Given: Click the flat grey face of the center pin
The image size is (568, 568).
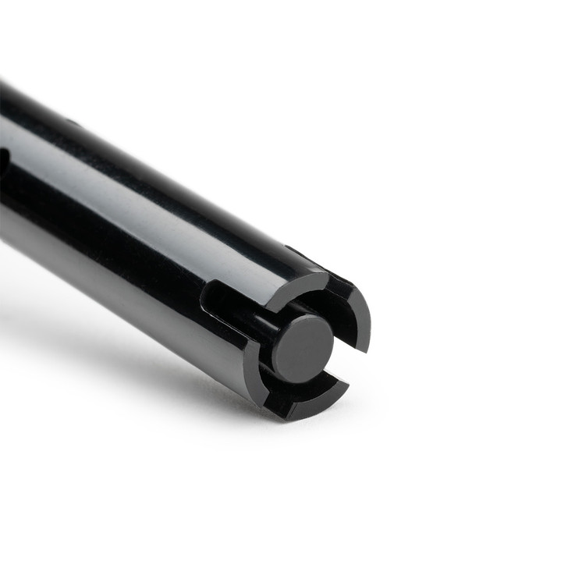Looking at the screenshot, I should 303,348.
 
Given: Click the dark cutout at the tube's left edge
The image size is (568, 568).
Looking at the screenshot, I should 3,164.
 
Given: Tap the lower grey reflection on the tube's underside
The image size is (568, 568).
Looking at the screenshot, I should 117,257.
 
